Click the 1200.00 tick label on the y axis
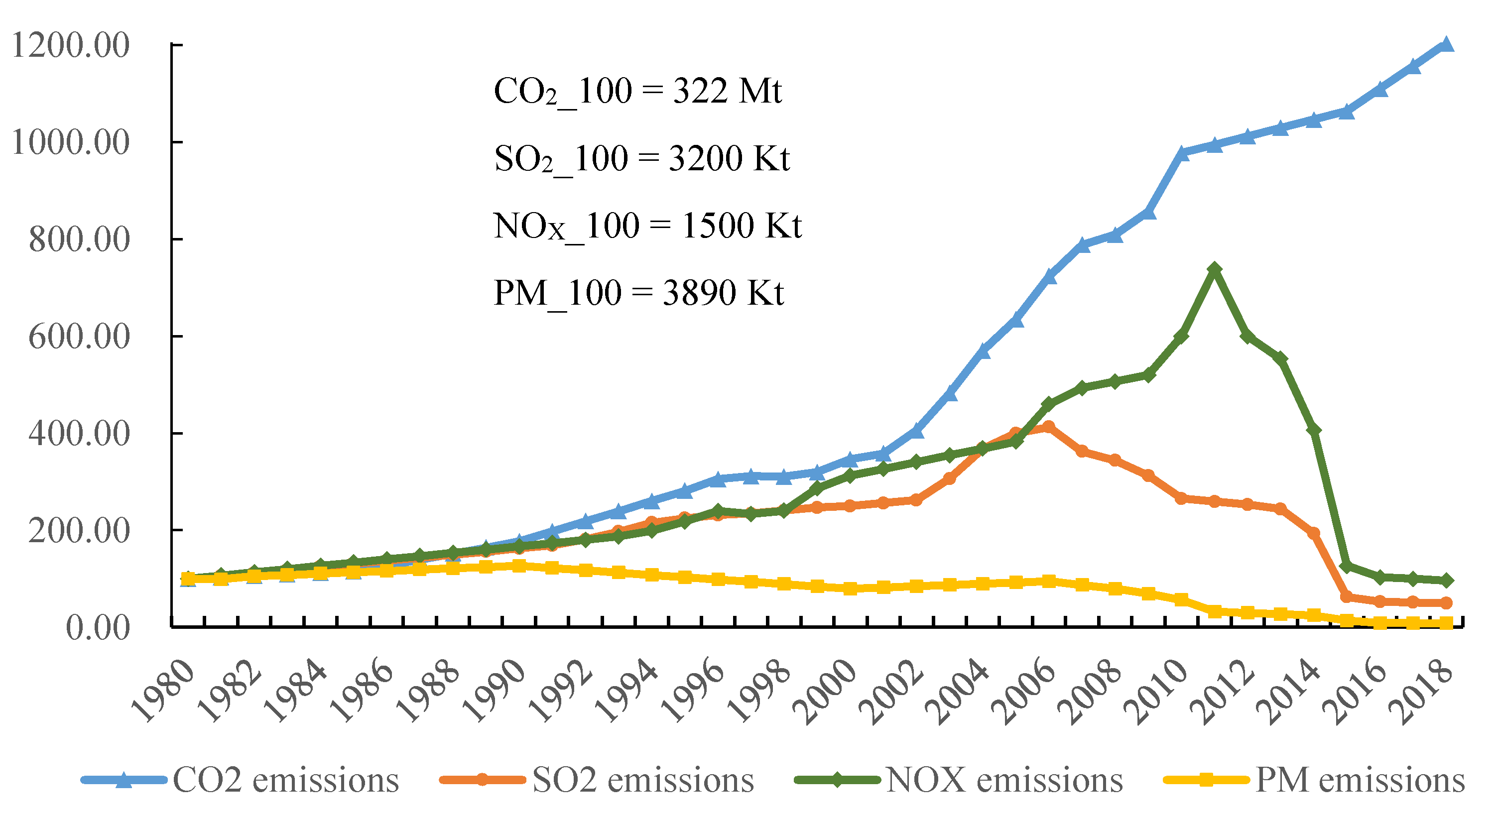coord(70,45)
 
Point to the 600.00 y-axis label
coord(79,336)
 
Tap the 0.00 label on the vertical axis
coord(98,628)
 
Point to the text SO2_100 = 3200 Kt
coord(641,159)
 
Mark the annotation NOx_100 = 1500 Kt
coord(647,226)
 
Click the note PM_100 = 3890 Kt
coord(638,293)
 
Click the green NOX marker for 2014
coord(1314,430)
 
